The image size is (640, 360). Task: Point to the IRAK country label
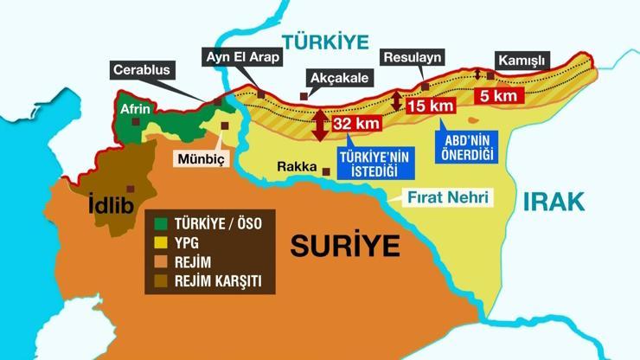coord(554,202)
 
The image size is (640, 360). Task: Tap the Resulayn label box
coord(413,58)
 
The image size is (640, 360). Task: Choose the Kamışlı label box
coord(522,61)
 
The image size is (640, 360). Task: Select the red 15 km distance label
coord(430,106)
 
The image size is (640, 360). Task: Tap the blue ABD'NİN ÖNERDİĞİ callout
coord(469,145)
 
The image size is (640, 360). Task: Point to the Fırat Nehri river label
coord(448,198)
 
